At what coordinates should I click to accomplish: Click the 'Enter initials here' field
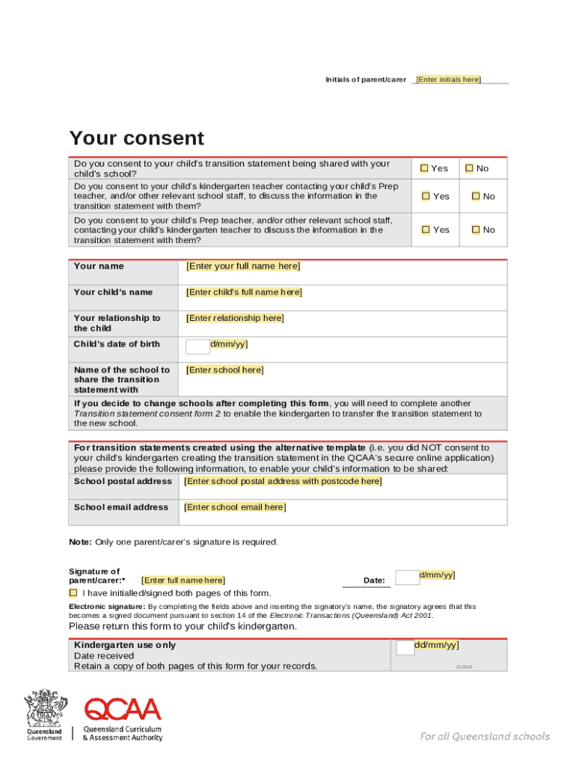(448, 79)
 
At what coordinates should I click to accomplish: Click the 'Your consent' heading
(136, 138)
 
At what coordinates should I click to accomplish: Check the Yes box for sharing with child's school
(424, 168)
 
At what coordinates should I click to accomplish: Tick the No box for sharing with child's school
(470, 168)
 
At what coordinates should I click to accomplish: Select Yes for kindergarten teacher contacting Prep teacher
(426, 196)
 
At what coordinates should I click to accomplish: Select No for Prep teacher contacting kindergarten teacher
(476, 230)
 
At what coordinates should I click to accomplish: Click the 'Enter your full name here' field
(243, 266)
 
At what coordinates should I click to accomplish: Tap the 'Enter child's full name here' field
(244, 292)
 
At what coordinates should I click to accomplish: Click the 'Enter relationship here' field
(235, 319)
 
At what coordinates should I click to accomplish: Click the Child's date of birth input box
(198, 346)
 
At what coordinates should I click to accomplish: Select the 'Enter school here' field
(224, 370)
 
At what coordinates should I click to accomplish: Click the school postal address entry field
(283, 482)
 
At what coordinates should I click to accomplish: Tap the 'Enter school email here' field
(235, 507)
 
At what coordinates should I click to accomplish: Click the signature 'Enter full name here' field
(183, 580)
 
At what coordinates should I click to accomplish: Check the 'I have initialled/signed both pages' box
(73, 592)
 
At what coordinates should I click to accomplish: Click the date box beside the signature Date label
(407, 577)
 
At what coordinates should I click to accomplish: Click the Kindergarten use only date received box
(405, 647)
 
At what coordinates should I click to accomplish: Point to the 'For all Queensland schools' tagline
(484, 736)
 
